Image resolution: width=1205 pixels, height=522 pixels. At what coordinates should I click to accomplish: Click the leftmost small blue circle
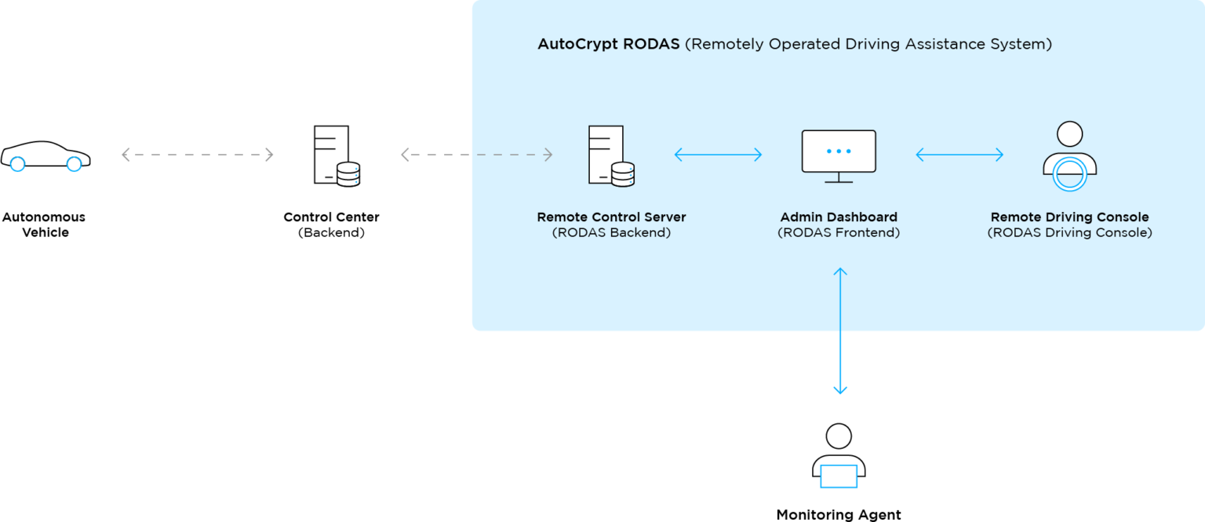tap(17, 164)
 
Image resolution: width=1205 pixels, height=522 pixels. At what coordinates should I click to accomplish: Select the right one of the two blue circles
tap(74, 164)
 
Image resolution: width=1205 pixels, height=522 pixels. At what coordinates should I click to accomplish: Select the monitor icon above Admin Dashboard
tap(839, 155)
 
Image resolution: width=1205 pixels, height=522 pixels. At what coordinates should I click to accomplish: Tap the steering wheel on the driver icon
tap(1069, 173)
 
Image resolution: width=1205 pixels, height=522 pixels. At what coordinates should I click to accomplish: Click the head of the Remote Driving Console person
tap(1069, 133)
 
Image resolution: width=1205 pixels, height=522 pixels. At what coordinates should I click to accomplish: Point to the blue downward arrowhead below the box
tap(840, 389)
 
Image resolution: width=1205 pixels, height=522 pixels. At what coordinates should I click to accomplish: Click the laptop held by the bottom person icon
tap(839, 476)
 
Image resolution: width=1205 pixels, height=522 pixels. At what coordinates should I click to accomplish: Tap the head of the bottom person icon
tap(839, 436)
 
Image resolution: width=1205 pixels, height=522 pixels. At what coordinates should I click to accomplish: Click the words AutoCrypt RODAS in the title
tap(608, 45)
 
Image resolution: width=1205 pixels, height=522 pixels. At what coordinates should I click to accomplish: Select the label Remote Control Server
tap(611, 217)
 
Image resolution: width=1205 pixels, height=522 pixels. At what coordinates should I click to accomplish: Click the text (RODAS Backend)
tap(611, 233)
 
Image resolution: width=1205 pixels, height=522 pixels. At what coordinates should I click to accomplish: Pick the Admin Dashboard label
tap(839, 217)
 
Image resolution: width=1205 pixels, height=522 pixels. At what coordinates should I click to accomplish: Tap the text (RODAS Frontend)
tap(839, 233)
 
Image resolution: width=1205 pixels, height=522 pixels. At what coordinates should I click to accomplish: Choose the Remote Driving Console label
tap(1069, 217)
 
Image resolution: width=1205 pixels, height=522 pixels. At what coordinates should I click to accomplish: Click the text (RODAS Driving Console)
tap(1069, 233)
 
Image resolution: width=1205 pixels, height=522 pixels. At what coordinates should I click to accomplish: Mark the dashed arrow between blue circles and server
tap(197, 155)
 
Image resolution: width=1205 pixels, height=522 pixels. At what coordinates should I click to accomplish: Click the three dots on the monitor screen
tap(839, 151)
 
